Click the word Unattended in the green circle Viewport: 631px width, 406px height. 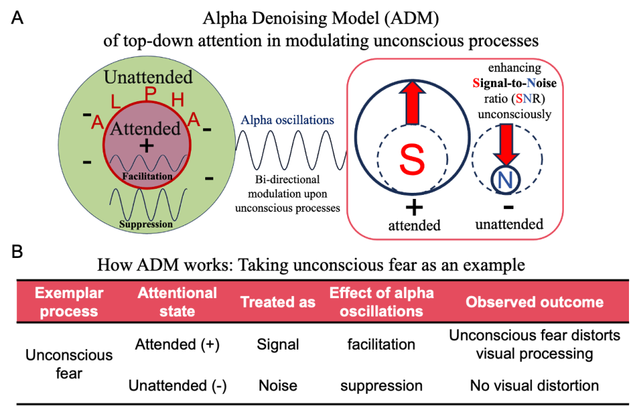point(148,77)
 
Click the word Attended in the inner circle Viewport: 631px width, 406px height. point(146,128)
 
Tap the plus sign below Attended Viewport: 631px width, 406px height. point(146,146)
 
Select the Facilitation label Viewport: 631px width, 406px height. point(147,177)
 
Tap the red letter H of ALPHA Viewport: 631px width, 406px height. point(178,101)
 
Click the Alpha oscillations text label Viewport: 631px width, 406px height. point(287,120)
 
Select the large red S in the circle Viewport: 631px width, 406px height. point(411,160)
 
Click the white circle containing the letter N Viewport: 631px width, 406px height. point(505,180)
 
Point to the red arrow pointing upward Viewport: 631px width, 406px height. point(411,103)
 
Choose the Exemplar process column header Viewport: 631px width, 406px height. point(69,302)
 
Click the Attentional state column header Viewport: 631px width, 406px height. point(177,302)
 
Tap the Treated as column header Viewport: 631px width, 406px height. point(278,302)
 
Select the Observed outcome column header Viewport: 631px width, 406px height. point(535,302)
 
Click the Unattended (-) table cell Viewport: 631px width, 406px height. point(177,386)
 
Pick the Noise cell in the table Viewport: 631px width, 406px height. point(278,386)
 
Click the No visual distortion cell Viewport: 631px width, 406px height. point(535,386)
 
